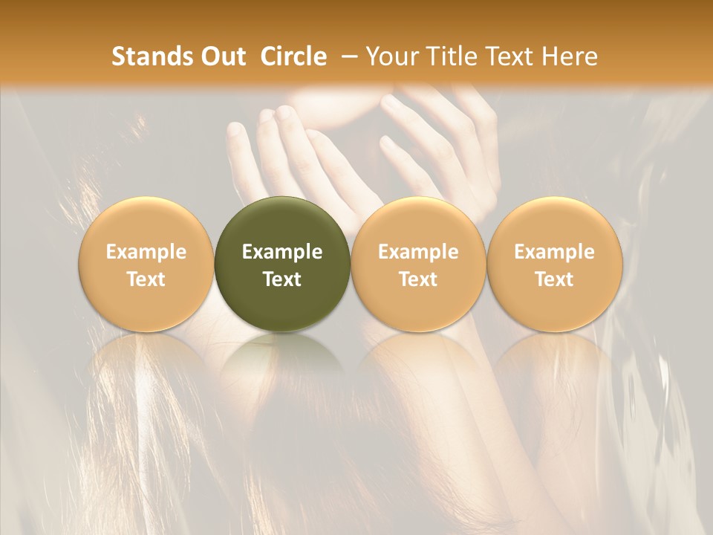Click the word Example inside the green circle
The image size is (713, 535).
point(282,252)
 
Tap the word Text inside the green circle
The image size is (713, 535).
point(282,279)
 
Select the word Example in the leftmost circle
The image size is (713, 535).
point(146,252)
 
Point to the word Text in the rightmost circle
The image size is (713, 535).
point(554,279)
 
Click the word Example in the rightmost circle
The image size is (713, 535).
point(554,252)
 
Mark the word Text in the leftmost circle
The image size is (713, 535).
point(146,279)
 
